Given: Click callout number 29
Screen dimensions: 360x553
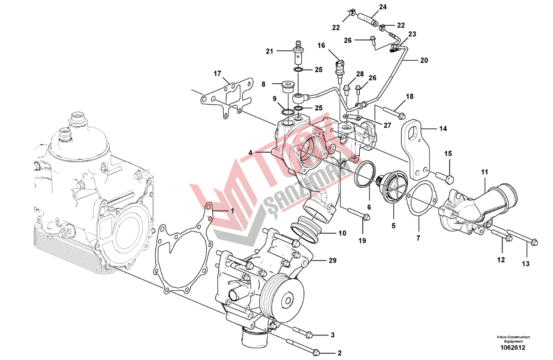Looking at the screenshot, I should point(333,260).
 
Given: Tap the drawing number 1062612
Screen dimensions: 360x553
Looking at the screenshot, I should point(512,348).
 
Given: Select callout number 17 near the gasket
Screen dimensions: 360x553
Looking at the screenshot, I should point(217,73).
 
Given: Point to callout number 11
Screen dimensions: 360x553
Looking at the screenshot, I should point(484,171).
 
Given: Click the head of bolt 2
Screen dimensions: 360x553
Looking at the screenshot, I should point(316,352).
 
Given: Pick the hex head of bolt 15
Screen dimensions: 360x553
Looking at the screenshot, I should point(449,179).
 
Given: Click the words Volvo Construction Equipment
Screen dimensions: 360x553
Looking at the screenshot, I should point(512,339).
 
